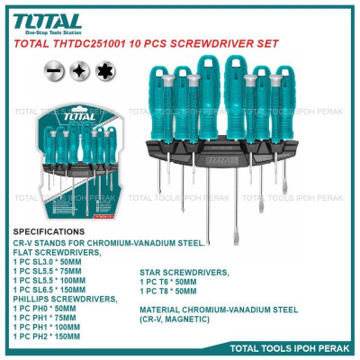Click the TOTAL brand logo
tap(47, 21)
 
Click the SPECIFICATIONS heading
tap(51, 231)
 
